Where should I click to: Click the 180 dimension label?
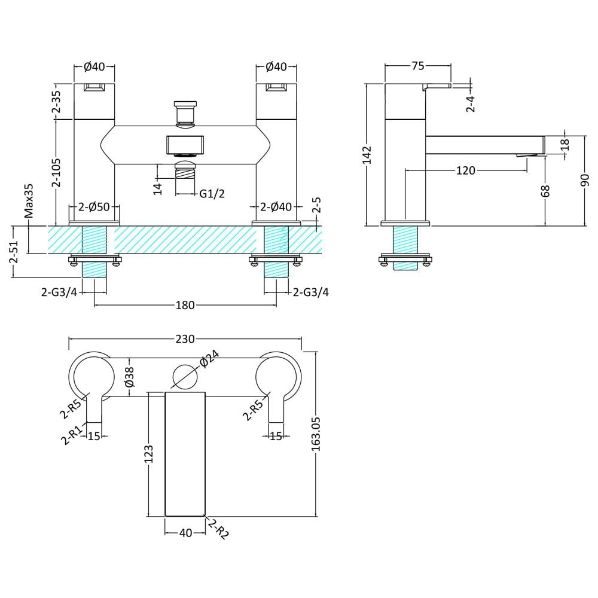pyautogui.click(x=185, y=305)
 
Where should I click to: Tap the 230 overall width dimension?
pyautogui.click(x=185, y=338)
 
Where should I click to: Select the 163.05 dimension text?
pyautogui.click(x=316, y=434)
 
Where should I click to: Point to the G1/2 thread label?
pyautogui.click(x=212, y=194)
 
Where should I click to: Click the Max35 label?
pyautogui.click(x=29, y=201)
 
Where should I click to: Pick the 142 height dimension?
pyautogui.click(x=367, y=155)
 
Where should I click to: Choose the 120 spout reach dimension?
pyautogui.click(x=466, y=170)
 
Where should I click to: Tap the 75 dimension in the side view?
pyautogui.click(x=418, y=66)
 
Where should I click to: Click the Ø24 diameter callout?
pyautogui.click(x=209, y=359)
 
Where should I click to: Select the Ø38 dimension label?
pyautogui.click(x=130, y=377)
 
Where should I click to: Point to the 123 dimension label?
pyautogui.click(x=149, y=454)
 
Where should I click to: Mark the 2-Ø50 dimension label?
pyautogui.click(x=94, y=207)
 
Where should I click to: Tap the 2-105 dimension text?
pyautogui.click(x=56, y=173)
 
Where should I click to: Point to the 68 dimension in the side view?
pyautogui.click(x=546, y=191)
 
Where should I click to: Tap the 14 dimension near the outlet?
pyautogui.click(x=157, y=189)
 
